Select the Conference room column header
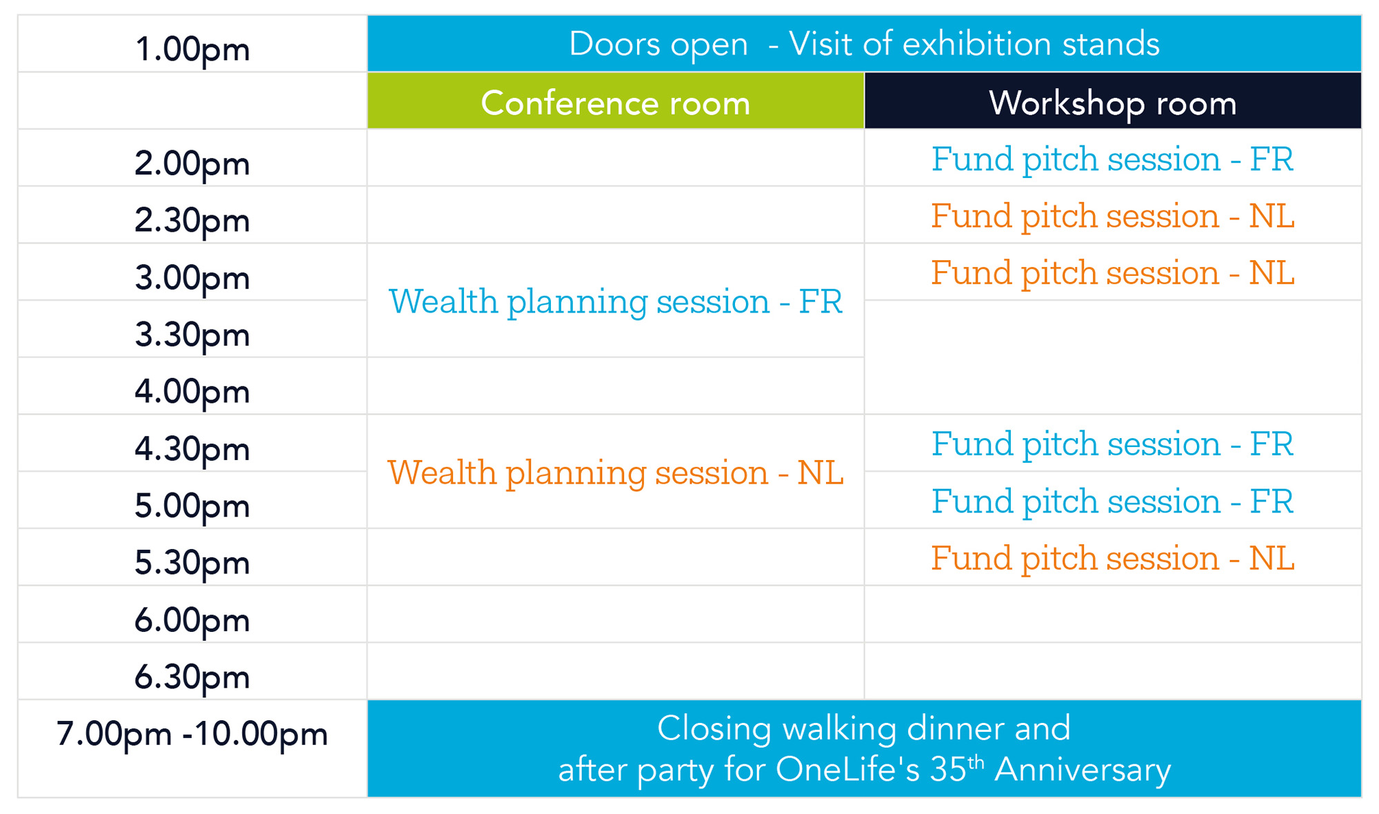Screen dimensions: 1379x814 coord(615,103)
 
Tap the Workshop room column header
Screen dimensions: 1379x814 coord(1112,103)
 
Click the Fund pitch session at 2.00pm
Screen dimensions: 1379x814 coord(1112,159)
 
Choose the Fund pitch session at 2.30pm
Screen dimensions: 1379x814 coord(1112,217)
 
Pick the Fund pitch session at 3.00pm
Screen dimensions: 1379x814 coord(1112,273)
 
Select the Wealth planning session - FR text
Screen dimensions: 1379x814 coord(615,302)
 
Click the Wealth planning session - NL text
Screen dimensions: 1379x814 coord(615,473)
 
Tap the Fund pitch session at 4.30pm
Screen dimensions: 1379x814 coord(1112,444)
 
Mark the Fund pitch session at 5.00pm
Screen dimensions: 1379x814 coord(1112,502)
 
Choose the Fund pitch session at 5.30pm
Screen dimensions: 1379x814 coord(1112,558)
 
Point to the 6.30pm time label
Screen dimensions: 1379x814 coord(192,677)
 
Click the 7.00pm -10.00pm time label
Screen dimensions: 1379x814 coord(192,734)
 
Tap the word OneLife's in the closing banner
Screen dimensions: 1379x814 coord(848,770)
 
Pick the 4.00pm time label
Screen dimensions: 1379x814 coord(192,392)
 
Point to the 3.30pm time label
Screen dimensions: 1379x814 coord(192,335)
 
